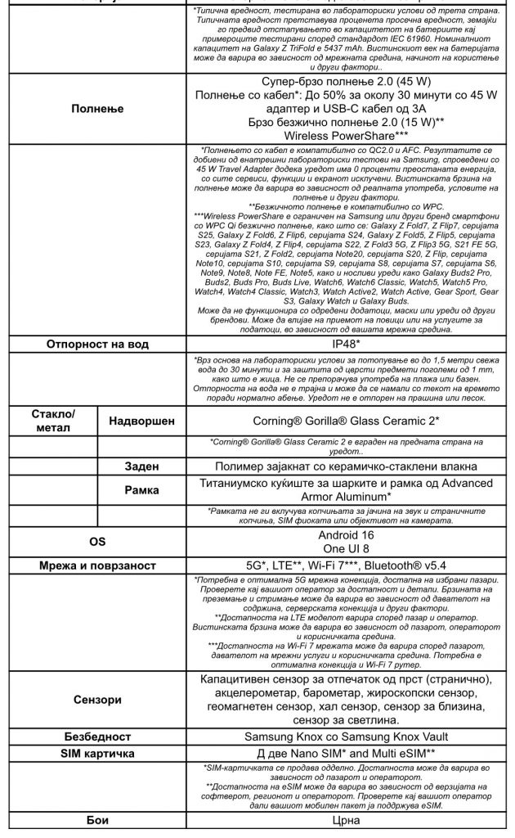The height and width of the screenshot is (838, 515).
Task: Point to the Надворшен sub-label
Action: [x=142, y=421]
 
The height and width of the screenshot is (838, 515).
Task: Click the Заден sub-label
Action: [x=142, y=466]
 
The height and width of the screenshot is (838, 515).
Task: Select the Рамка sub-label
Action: [x=142, y=490]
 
